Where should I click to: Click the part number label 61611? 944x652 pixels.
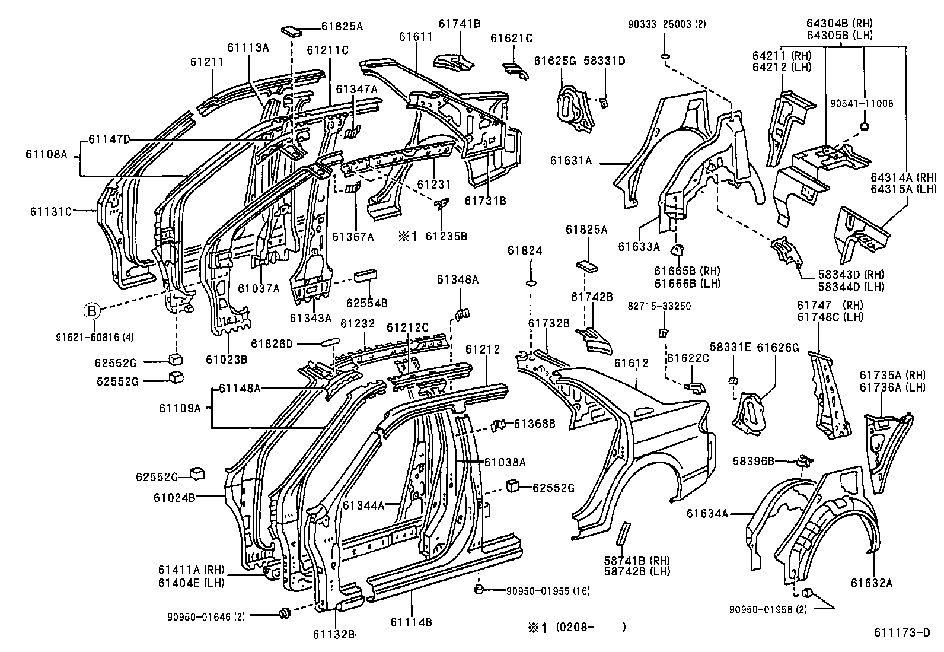tap(416, 37)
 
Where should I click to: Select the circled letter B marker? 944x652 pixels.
tap(93, 310)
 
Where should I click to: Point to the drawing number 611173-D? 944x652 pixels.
tap(902, 632)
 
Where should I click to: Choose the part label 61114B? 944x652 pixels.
tap(411, 622)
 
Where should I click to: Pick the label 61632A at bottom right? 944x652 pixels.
tap(871, 583)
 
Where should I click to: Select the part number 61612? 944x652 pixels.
tap(632, 363)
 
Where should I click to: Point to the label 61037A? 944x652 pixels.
tap(258, 288)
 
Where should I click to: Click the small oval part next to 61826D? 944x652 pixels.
tap(330, 342)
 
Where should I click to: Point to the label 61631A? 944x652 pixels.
tap(572, 160)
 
